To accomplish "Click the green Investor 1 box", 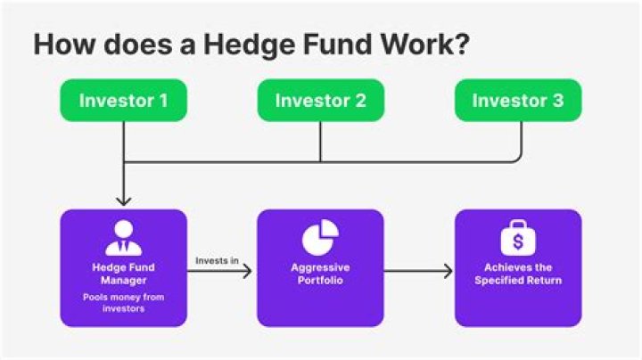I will pyautogui.click(x=123, y=101).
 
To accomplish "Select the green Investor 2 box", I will pyautogui.click(x=320, y=101).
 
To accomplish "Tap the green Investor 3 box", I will pyautogui.click(x=517, y=101).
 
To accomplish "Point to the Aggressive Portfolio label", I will pyautogui.click(x=320, y=274).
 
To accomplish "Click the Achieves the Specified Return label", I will pyautogui.click(x=517, y=274).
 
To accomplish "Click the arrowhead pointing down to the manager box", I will pyautogui.click(x=123, y=199).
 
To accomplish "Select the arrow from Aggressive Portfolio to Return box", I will pyautogui.click(x=419, y=269).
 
